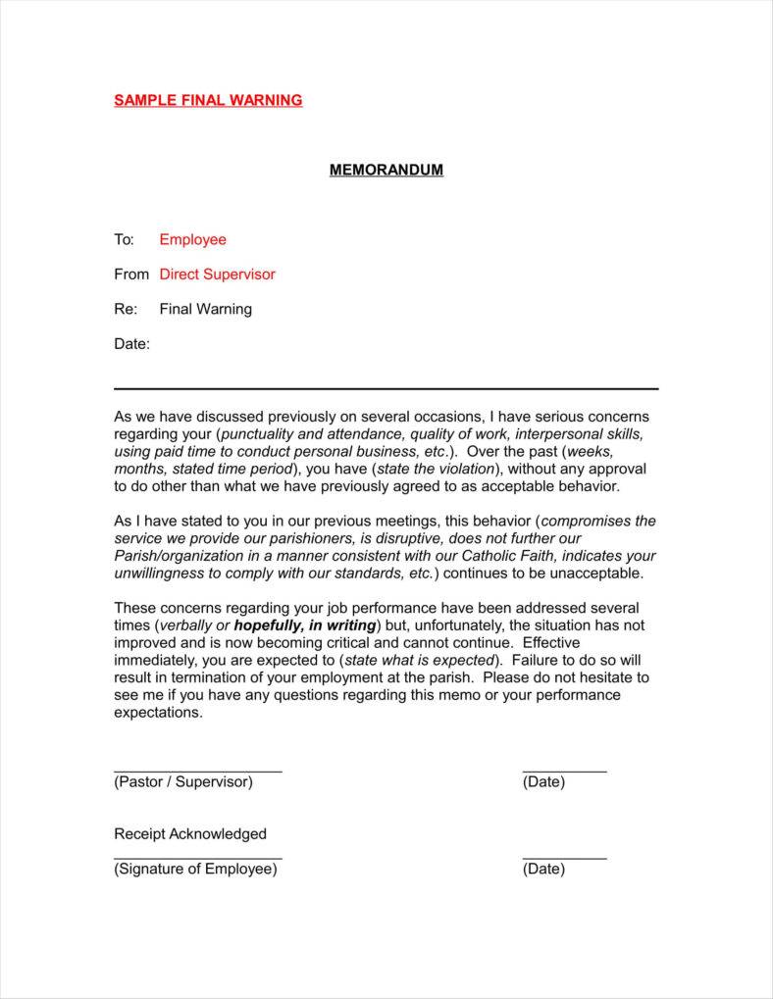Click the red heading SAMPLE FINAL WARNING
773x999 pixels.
coord(208,100)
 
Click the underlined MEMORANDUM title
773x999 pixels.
coord(386,170)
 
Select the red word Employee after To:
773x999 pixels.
coord(192,239)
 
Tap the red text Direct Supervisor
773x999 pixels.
coord(217,275)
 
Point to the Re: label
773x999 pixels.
coord(125,309)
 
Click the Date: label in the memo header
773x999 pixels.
coord(131,344)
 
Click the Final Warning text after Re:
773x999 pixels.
coord(205,309)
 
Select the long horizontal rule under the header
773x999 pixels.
coord(386,389)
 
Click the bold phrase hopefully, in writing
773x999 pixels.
coord(305,625)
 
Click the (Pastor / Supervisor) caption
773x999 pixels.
coord(183,781)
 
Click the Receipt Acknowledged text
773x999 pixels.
coord(190,834)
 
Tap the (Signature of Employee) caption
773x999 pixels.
coord(195,869)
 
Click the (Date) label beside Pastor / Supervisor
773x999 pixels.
coord(543,781)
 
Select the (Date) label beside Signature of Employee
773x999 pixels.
coord(543,869)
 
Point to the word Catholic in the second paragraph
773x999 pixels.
coord(460,556)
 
